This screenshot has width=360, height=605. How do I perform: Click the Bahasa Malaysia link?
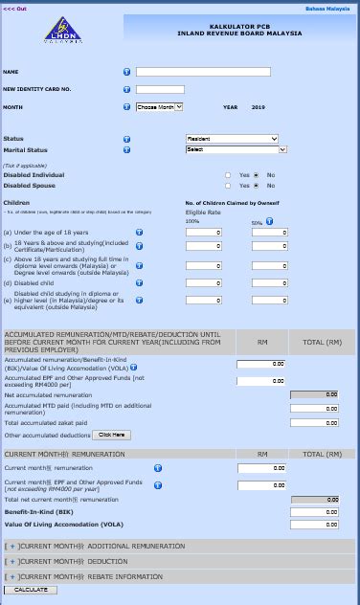point(333,9)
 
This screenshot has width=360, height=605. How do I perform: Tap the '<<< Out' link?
point(15,9)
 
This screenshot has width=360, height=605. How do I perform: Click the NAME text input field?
point(203,72)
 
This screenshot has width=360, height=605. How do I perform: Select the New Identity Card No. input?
point(160,89)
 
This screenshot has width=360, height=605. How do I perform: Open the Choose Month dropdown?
point(159,107)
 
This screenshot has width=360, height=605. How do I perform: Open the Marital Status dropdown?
point(236,149)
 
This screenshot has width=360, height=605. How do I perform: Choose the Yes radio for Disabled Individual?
point(228,175)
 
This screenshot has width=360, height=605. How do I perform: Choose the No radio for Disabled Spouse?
point(257,186)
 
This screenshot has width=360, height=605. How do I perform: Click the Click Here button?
point(111,435)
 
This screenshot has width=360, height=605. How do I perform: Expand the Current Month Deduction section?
point(11,562)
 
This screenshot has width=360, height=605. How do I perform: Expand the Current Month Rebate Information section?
point(11,576)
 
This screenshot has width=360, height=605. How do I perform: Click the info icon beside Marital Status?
point(126,149)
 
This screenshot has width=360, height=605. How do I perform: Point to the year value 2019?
point(258,107)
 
